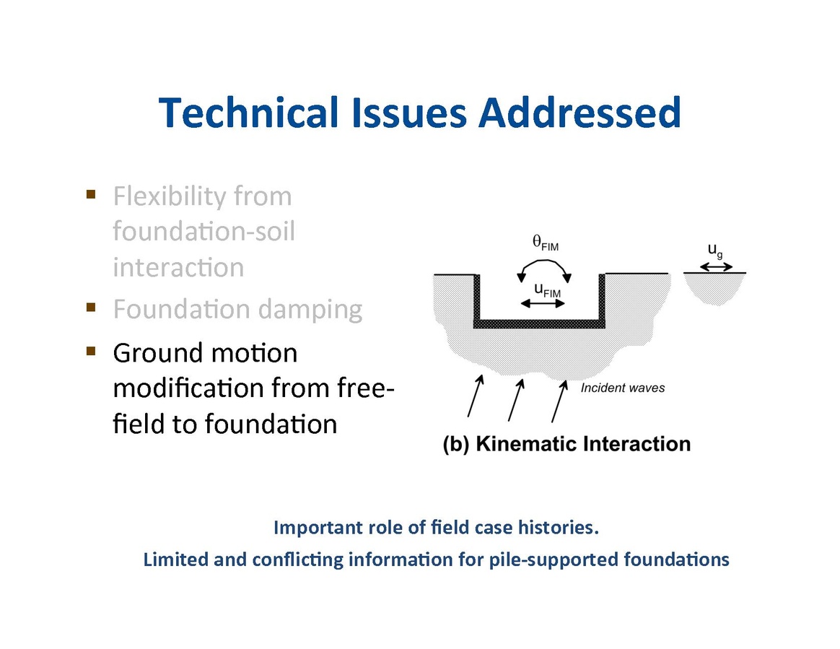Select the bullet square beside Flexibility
[91, 194]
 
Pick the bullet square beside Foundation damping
[91, 308]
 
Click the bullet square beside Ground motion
[91, 352]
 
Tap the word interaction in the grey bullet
[178, 268]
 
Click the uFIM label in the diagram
[546, 289]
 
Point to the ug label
[714, 251]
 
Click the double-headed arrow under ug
[715, 266]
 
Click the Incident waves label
[623, 388]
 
